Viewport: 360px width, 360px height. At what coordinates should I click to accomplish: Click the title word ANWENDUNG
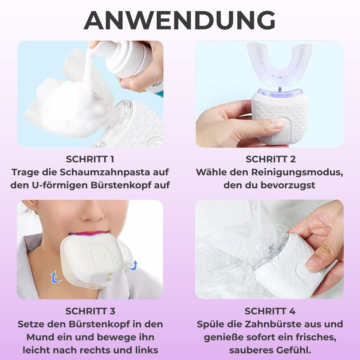(180, 20)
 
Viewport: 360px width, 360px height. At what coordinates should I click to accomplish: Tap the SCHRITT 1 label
(90, 159)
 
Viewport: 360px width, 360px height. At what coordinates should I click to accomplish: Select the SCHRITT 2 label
(270, 159)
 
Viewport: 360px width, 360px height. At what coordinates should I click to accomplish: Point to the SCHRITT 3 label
(90, 311)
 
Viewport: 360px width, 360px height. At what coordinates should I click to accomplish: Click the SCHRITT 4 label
(270, 311)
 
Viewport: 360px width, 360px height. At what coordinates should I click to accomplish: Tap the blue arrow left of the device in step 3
(55, 277)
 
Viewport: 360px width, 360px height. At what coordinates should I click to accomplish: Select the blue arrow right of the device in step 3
(133, 266)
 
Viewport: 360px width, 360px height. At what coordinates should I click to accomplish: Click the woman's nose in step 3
(93, 214)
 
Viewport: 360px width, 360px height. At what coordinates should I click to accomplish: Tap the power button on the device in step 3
(98, 254)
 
